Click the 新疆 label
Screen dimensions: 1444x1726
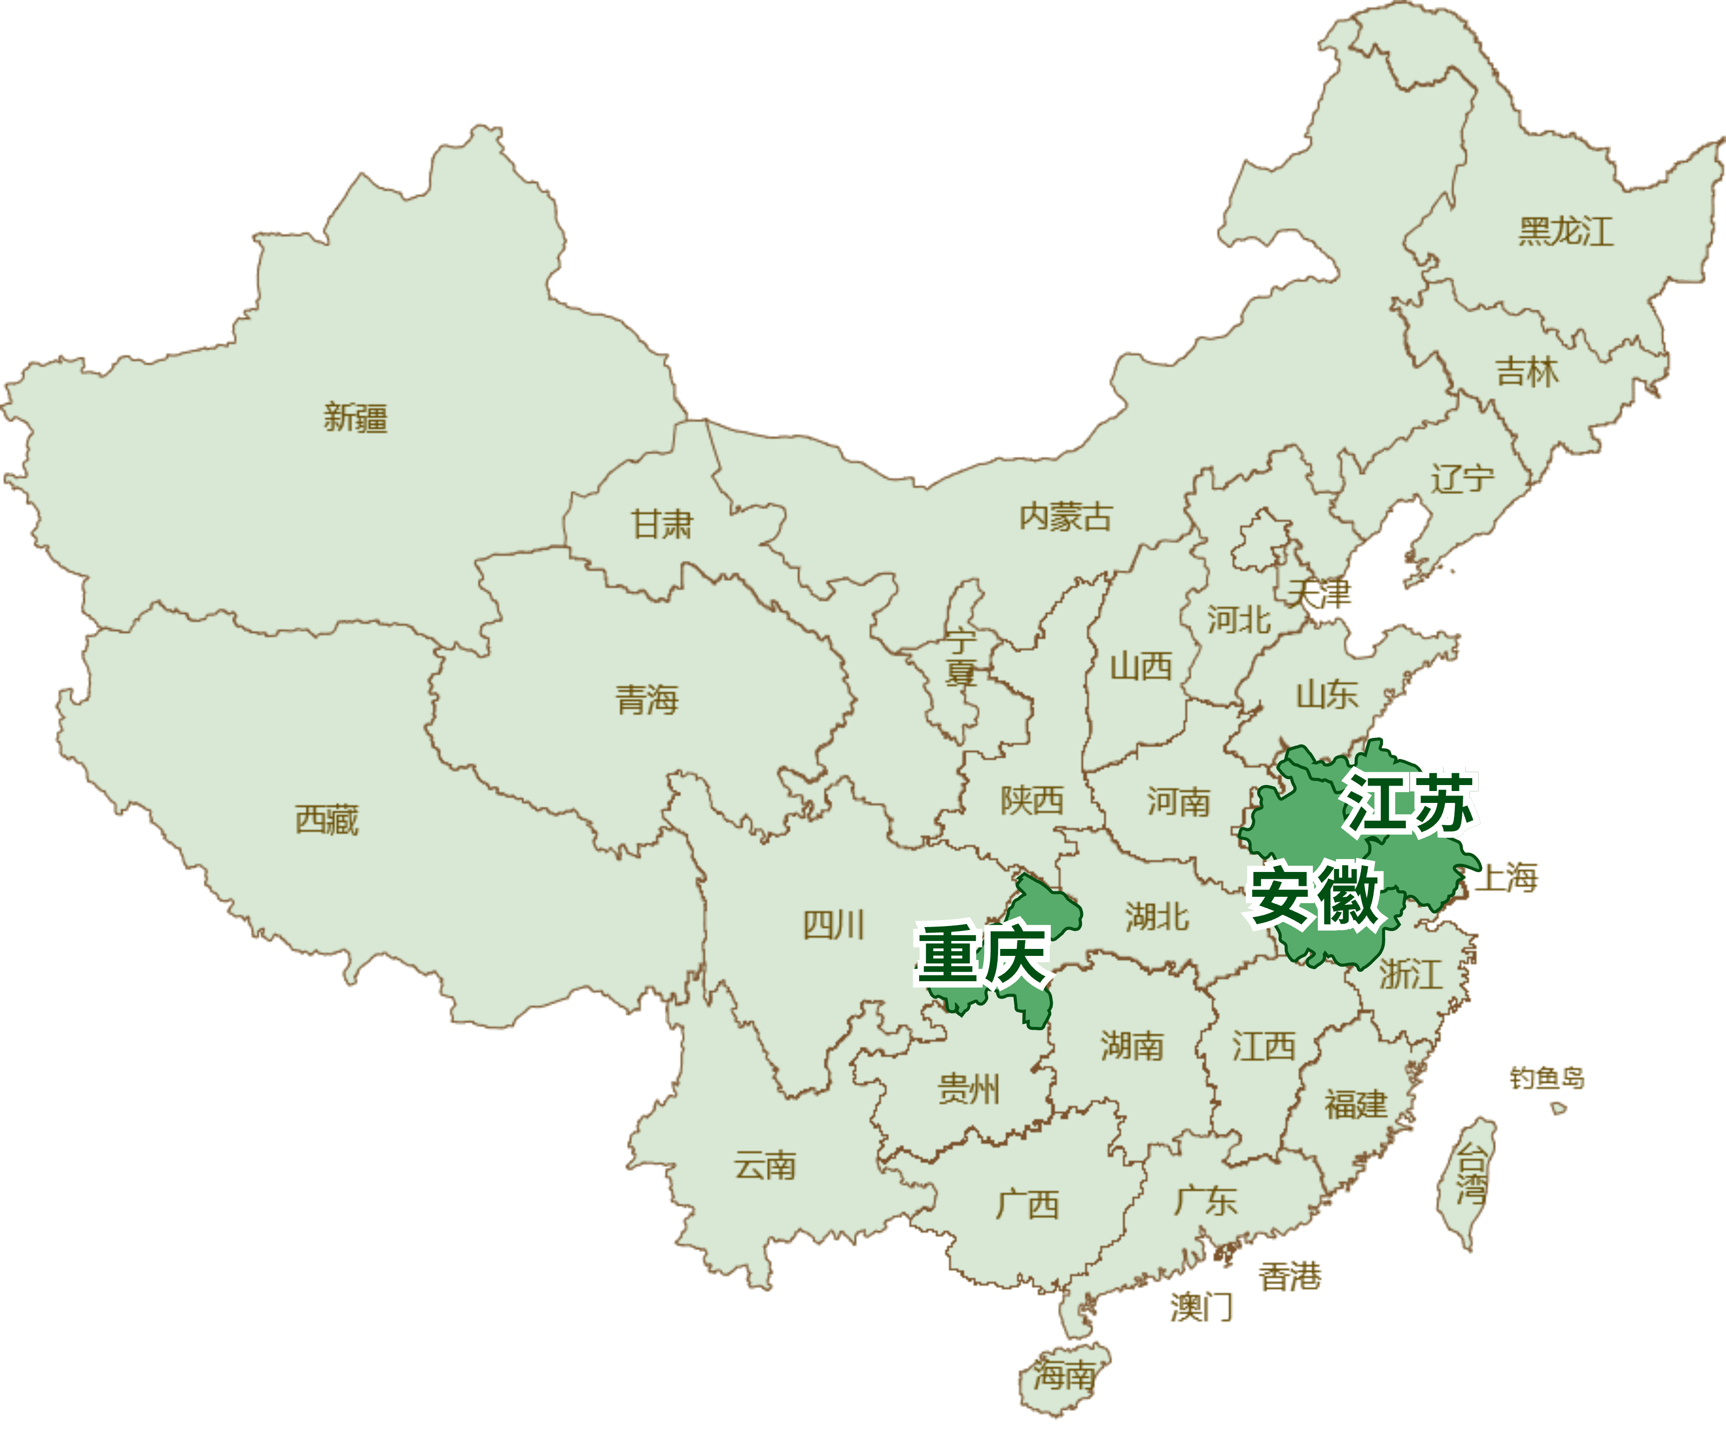click(355, 418)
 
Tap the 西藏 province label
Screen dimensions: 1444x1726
click(327, 819)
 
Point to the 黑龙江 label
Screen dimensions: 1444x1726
click(1566, 232)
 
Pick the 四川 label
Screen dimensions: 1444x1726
click(833, 926)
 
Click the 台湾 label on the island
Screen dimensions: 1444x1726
click(1471, 1176)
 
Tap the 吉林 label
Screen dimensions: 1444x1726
click(1527, 372)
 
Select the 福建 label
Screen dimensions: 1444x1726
click(1356, 1104)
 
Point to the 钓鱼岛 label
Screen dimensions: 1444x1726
click(1547, 1078)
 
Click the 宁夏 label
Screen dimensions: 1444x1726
click(960, 657)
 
